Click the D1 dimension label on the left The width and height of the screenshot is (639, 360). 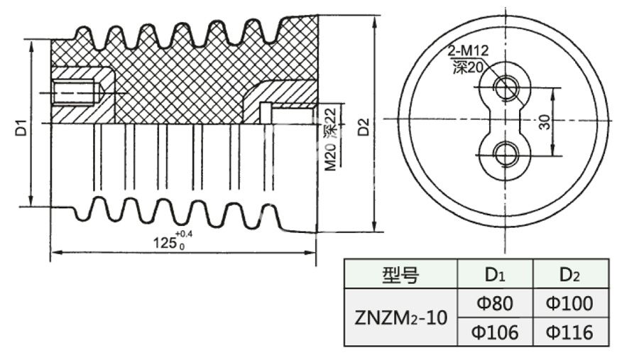click(22, 129)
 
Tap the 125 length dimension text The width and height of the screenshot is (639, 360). click(165, 242)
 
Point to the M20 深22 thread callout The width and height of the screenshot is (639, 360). click(331, 137)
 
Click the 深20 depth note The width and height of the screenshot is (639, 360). click(466, 67)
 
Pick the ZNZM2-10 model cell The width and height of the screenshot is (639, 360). click(400, 317)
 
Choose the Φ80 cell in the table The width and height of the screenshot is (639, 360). click(494, 303)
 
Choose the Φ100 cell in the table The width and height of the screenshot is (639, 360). click(570, 303)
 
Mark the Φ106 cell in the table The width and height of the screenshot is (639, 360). click(494, 332)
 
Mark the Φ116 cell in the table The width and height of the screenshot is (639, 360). click(570, 332)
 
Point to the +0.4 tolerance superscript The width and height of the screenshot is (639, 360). click(182, 234)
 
